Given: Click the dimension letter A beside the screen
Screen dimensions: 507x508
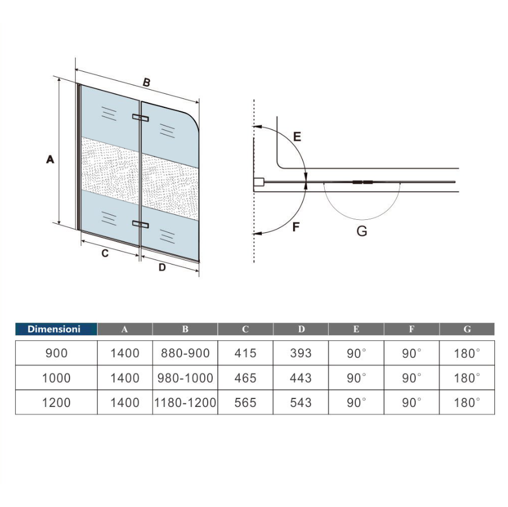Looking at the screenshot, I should pos(50,160).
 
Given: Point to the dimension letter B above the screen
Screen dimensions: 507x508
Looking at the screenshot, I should pos(146,83).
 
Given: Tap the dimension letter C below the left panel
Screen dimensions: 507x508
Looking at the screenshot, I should pos(105,254).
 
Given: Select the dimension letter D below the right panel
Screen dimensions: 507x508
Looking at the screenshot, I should pos(162,267).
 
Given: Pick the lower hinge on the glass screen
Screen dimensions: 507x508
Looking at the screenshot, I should pos(140,224).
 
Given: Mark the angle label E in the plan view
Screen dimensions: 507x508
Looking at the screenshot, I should pos(297,136).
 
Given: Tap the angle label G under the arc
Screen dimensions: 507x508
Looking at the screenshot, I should pos(361,231).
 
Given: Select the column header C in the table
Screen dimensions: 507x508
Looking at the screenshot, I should pos(245,329).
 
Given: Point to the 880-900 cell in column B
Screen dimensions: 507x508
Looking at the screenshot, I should pos(185,353).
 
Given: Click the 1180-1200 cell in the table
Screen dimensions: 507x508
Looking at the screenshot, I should pos(185,402).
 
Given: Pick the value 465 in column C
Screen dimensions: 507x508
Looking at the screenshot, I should pos(245,378).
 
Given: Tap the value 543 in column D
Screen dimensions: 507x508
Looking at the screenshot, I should pos(300,402).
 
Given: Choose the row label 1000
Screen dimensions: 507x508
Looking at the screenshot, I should pos(56,378).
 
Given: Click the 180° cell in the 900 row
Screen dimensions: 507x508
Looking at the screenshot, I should pos(467,353).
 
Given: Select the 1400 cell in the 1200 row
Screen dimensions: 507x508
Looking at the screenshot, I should pos(124,402).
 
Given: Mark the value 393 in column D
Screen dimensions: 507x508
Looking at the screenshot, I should pos(300,353).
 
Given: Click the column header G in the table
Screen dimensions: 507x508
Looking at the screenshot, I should pos(467,329).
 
